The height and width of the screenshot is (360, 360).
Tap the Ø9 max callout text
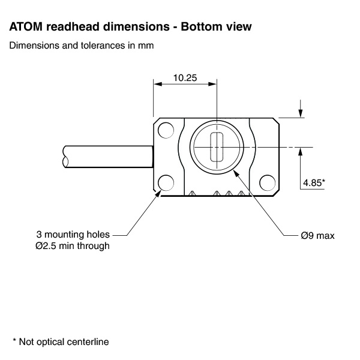click(317, 235)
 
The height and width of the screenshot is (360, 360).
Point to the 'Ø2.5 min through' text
click(73, 246)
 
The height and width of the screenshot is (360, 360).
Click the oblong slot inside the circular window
click(217, 146)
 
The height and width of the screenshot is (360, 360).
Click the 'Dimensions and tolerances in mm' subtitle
click(81, 46)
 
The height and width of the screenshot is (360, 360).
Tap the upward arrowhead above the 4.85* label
click(300, 151)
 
